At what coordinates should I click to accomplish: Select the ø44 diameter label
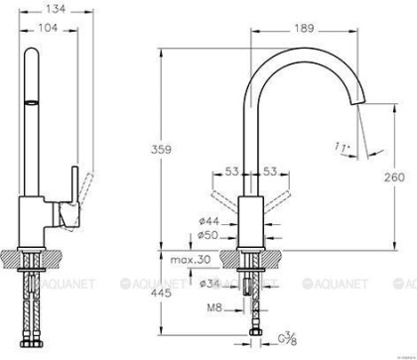coord(209,219)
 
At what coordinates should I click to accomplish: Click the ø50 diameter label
coord(209,235)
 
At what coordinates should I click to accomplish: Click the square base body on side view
coord(34,222)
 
